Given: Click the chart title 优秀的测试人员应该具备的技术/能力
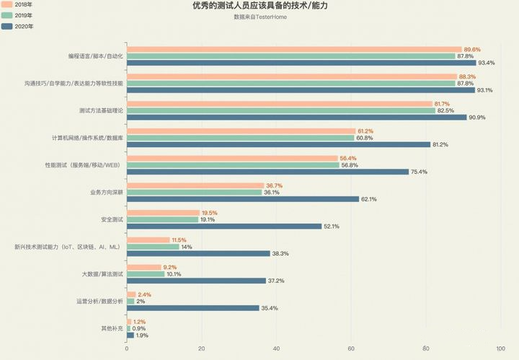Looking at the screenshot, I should click(259, 6).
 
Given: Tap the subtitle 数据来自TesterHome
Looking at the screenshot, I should click(259, 17).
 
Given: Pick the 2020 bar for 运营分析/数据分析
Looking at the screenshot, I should click(192, 308).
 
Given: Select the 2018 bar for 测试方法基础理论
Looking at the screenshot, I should click(279, 104).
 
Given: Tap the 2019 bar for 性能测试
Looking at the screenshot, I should click(233, 164).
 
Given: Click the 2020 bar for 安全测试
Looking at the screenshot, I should click(224, 226).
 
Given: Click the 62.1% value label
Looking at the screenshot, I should click(370, 199).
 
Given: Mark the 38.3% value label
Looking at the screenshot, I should click(280, 253).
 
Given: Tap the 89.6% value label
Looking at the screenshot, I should click(472, 49).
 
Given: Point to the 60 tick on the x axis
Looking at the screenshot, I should click(351, 349).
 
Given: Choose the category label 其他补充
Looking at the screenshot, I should click(112, 328).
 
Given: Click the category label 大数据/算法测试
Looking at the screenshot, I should click(103, 274).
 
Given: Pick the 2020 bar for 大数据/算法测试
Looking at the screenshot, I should click(196, 281).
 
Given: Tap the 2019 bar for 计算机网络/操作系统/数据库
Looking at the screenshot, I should click(240, 137).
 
